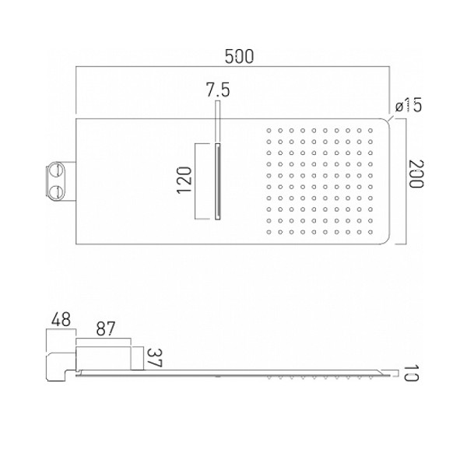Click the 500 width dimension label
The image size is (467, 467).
[239, 57]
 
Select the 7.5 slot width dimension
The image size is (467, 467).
[218, 90]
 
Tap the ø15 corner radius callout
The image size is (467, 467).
[409, 105]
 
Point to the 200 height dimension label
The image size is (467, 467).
[416, 174]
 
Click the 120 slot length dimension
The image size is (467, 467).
[184, 181]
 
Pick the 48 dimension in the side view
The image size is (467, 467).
[61, 320]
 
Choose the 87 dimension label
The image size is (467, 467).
[105, 329]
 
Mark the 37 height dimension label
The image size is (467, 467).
[155, 358]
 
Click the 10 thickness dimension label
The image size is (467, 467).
[411, 373]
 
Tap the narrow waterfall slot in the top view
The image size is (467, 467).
[218, 181]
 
